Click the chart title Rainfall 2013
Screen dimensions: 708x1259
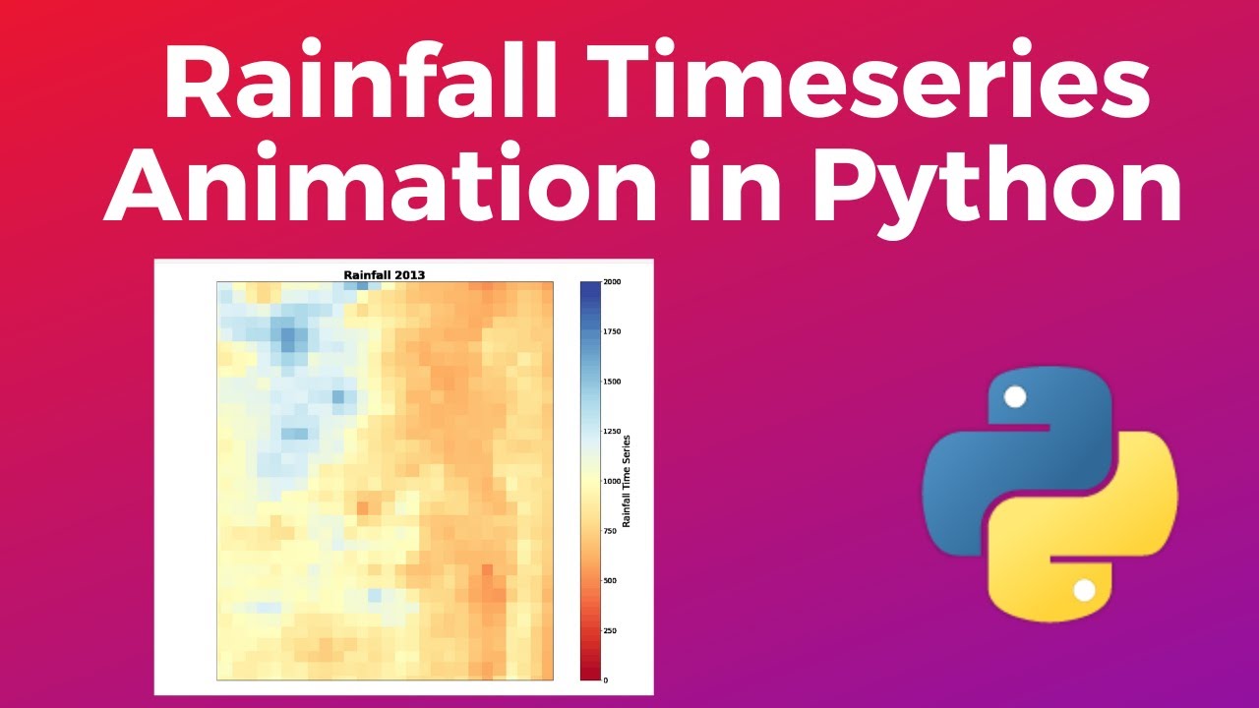click(385, 275)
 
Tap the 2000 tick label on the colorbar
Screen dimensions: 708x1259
click(612, 282)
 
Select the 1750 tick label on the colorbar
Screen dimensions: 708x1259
click(612, 332)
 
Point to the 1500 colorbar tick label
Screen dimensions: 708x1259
click(612, 382)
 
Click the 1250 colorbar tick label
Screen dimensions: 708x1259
click(612, 432)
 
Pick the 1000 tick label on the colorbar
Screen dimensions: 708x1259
click(612, 482)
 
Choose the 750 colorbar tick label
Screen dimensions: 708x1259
click(610, 531)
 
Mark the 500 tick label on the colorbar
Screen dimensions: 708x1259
click(610, 581)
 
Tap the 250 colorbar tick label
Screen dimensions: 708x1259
click(610, 630)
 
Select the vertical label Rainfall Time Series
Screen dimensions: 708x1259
click(627, 481)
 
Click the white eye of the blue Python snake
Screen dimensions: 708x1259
click(1015, 396)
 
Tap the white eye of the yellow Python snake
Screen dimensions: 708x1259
click(1084, 590)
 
